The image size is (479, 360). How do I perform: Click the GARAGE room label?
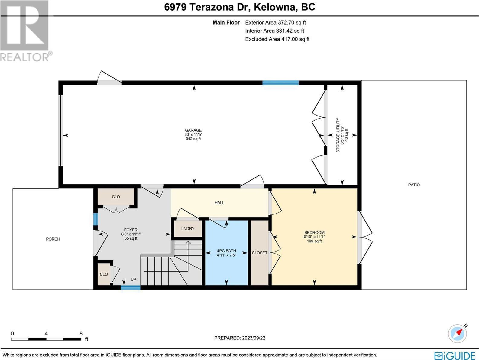193,130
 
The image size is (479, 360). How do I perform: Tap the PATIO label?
414,185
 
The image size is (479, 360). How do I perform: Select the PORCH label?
53,239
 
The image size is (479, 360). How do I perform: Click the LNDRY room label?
188,228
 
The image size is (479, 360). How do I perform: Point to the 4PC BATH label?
226,251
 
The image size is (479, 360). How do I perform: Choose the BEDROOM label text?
314,232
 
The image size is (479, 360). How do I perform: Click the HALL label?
219,203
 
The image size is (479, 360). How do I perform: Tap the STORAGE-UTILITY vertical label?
338,135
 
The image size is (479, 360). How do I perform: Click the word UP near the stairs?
133,280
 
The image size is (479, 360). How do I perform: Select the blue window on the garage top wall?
280,83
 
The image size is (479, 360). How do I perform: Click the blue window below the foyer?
131,287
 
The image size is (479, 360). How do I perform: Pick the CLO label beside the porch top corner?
116,197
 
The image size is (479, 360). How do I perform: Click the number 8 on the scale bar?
81,334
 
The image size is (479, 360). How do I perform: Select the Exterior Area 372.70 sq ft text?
275,22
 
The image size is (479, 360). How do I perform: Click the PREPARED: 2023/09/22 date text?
240,338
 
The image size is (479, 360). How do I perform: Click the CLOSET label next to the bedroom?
260,253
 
